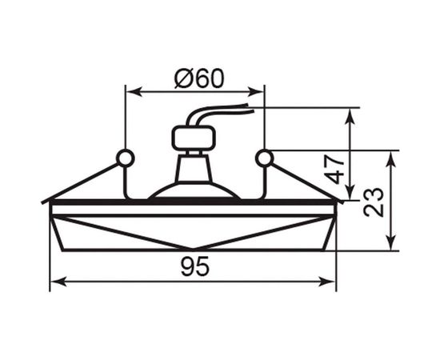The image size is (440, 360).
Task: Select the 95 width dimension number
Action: (194, 268)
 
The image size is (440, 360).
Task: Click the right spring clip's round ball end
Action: (264, 158)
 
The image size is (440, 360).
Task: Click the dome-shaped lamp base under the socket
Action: (194, 190)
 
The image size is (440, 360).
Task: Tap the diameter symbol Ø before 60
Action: (181, 78)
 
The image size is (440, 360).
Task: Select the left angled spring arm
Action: (84, 180)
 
